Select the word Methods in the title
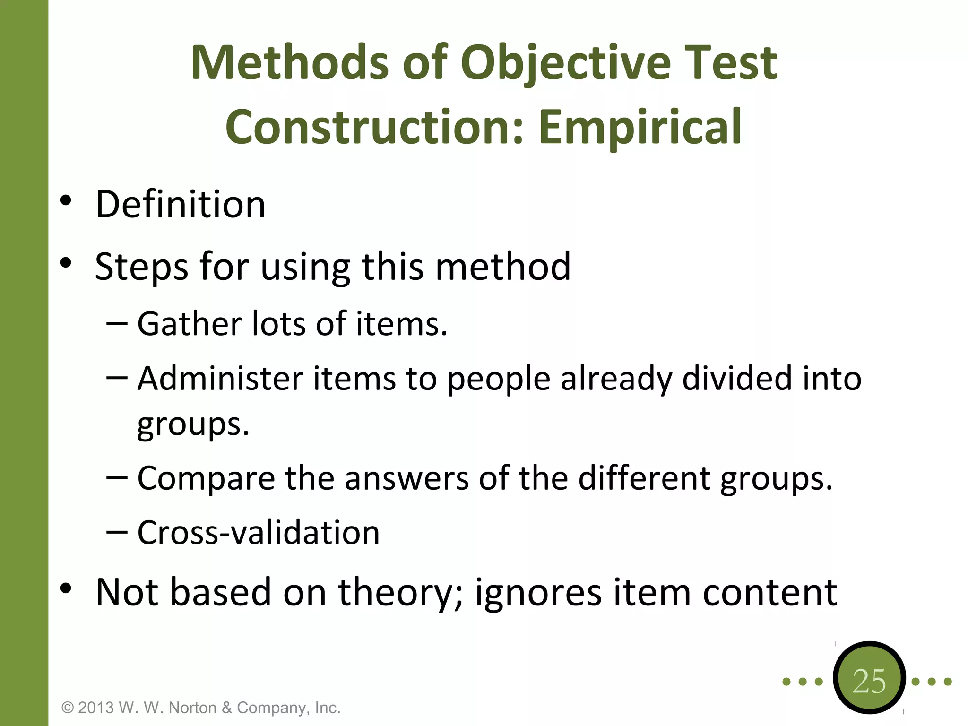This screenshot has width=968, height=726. tap(289, 63)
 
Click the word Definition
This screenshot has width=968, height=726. tap(180, 204)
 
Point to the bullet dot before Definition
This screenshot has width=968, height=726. tap(66, 200)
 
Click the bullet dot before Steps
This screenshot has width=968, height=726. tap(66, 263)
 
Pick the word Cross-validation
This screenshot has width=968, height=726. tap(259, 533)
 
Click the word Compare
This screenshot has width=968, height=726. tap(206, 478)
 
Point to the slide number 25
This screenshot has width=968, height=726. tap(869, 681)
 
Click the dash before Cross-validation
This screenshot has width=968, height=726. tap(117, 532)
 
